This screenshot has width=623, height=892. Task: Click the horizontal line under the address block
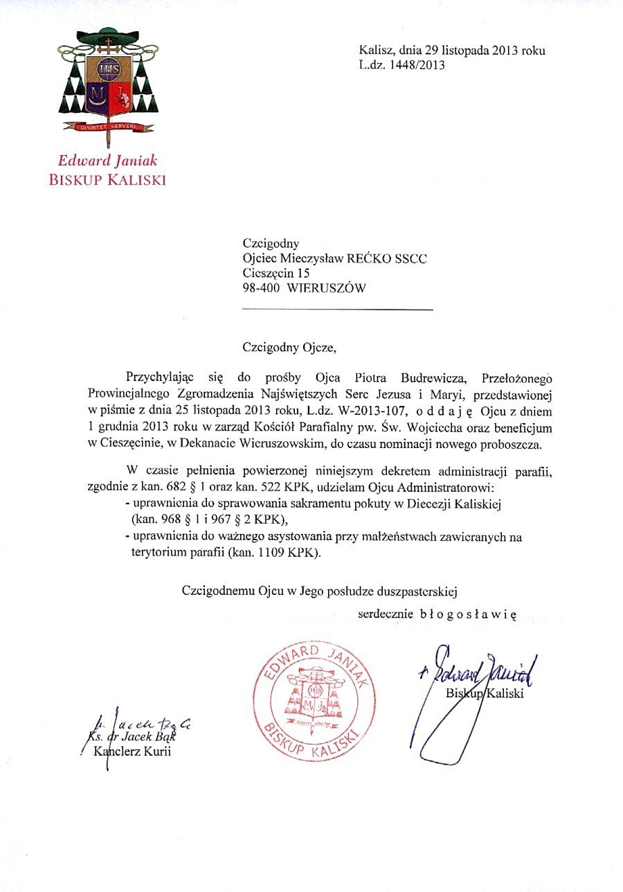coord(337,309)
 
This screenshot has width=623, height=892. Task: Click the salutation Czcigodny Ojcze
coord(289,347)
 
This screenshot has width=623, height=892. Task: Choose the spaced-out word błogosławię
coord(469,614)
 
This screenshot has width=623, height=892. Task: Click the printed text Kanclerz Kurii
coord(132,753)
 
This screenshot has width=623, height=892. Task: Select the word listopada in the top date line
coord(467,51)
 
